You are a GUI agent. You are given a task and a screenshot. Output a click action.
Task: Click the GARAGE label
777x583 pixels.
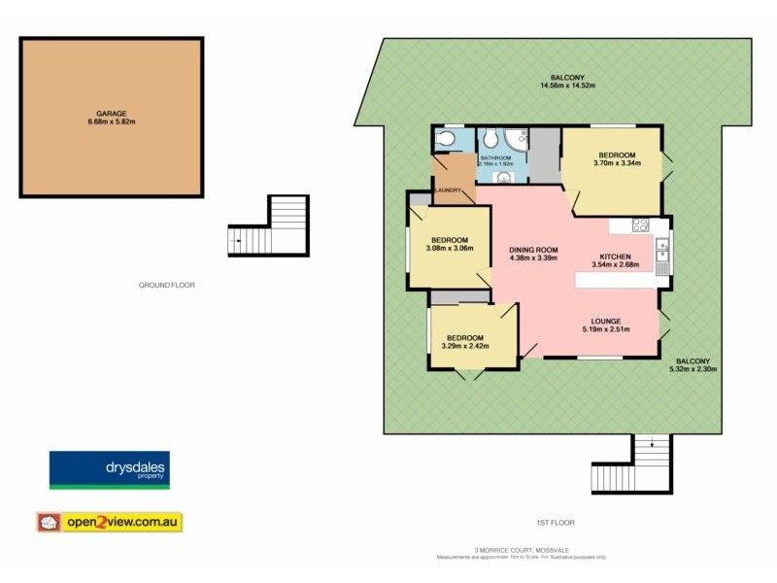coord(111,114)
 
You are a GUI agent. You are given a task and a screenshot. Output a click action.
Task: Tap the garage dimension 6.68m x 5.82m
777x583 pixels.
coord(111,122)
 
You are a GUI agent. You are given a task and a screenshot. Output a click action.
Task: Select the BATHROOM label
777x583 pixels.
coord(494,156)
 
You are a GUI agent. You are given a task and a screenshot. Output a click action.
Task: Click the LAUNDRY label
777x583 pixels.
coord(448,189)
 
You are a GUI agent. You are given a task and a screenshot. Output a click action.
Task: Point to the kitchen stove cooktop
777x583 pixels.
coord(641,225)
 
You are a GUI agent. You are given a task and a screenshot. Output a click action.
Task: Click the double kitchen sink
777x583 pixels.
coord(661,256)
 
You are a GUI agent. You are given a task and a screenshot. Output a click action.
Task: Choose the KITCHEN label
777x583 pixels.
coord(616,257)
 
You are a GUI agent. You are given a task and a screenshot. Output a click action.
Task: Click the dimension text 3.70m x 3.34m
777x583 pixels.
coord(617,164)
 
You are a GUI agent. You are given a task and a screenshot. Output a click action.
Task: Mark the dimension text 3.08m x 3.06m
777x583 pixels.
coord(449,249)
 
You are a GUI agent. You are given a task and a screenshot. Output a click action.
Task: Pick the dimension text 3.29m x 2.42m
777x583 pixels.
coord(464,346)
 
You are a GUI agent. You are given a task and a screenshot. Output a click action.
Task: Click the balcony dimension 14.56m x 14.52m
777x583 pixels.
coord(567,86)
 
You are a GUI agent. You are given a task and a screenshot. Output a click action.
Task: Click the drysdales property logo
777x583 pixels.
coord(108,470)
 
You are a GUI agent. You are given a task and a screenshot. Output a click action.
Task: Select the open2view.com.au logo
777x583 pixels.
coord(109,522)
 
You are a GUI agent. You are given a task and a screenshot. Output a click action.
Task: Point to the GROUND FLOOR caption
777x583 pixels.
coord(167,285)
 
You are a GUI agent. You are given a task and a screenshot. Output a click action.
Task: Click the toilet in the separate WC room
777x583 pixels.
coord(446,140)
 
